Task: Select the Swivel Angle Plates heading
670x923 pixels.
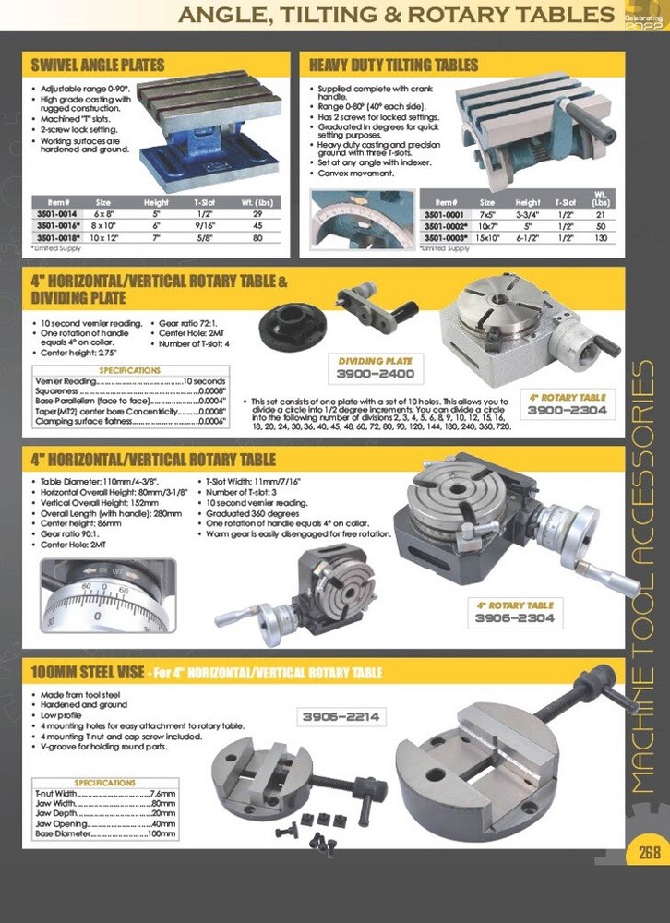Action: point(98,65)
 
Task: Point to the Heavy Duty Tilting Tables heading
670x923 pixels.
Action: point(394,65)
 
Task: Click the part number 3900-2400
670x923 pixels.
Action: point(375,375)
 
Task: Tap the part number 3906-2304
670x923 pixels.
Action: point(516,618)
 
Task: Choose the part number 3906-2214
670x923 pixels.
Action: point(341,715)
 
